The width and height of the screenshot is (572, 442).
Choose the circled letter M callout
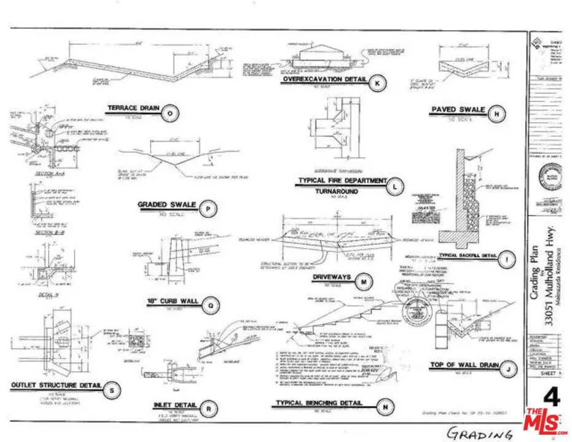tap(365, 282)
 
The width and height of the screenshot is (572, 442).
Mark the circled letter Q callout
tap(211, 303)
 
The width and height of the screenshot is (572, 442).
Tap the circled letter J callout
tap(508, 369)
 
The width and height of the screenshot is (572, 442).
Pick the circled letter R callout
tap(209, 408)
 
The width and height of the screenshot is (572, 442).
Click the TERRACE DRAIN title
tap(133, 109)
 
